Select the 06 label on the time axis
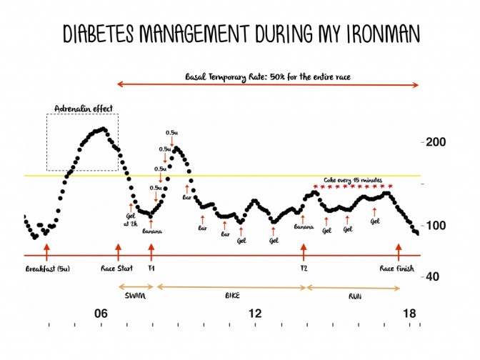(x=101, y=314)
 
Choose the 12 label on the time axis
(x=255, y=314)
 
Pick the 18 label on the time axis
(x=409, y=314)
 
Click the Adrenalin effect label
(x=83, y=109)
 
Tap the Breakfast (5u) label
(x=46, y=269)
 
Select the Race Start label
(x=119, y=269)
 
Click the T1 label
(x=151, y=269)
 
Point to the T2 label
(x=304, y=269)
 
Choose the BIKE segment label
(x=231, y=295)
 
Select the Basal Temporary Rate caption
(x=268, y=75)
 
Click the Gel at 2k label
(x=130, y=219)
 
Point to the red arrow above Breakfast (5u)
(x=46, y=251)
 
